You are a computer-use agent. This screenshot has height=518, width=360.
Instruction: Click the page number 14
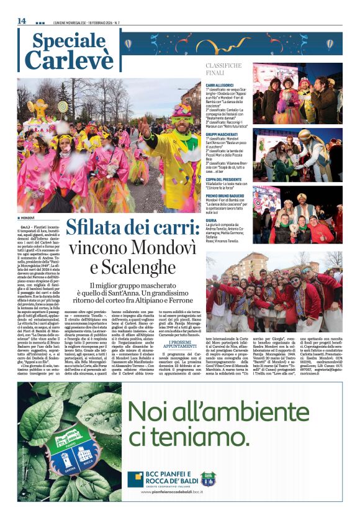(22, 20)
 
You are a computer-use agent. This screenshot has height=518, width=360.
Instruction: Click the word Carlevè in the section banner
(69, 60)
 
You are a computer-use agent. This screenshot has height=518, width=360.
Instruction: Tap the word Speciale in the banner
(69, 41)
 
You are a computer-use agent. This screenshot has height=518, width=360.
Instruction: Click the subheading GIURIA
(212, 220)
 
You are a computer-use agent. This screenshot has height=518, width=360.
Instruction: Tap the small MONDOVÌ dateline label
(27, 219)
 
